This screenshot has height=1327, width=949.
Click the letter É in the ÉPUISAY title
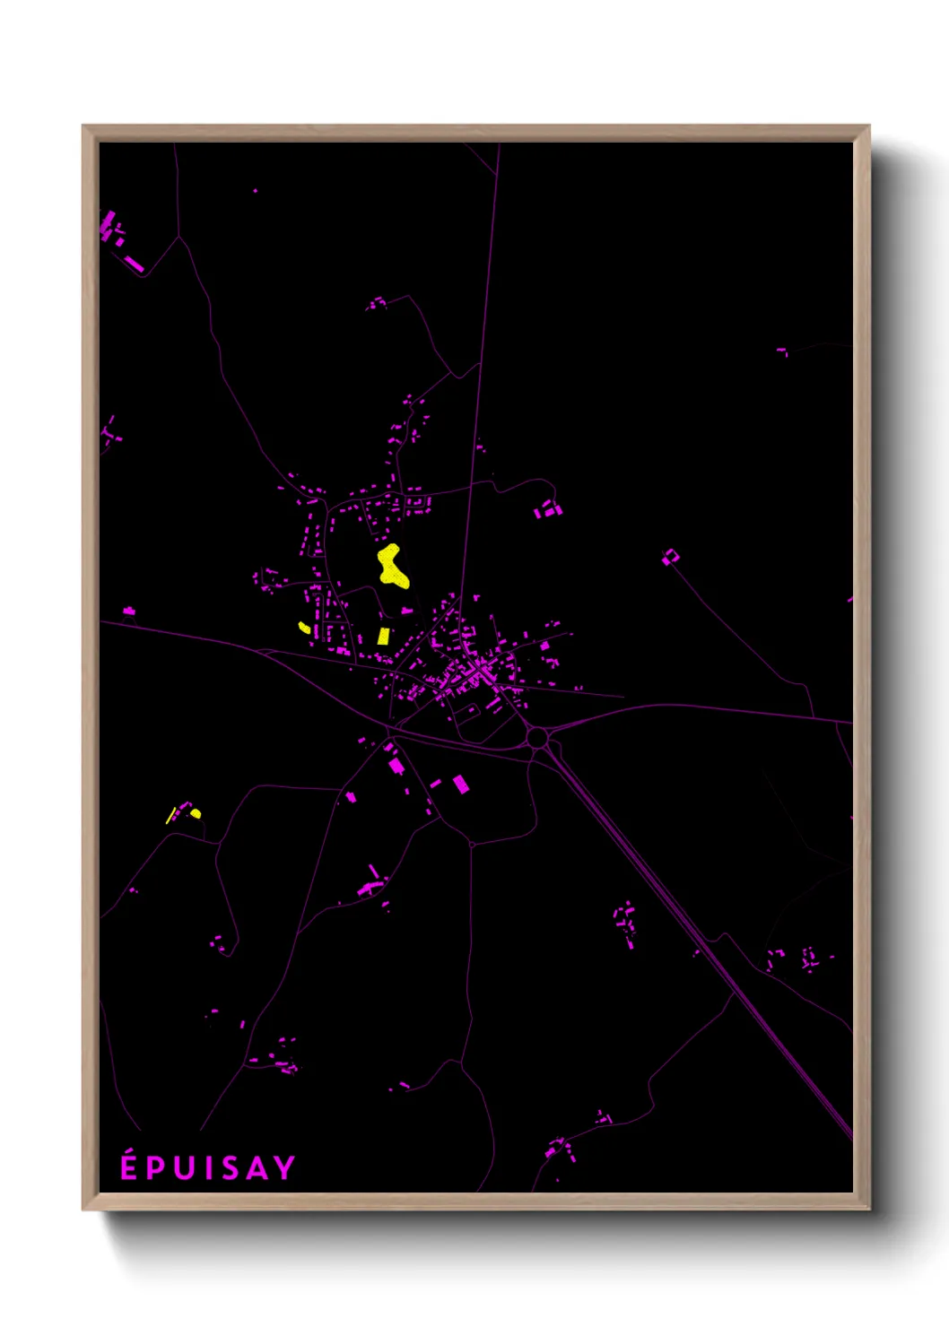[x=129, y=1167]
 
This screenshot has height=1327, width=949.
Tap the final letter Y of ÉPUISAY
[x=284, y=1168]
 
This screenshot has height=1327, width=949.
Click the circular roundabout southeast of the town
[x=537, y=738]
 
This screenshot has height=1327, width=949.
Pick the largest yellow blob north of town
[x=392, y=566]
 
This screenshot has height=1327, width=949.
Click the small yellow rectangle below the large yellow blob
[x=384, y=636]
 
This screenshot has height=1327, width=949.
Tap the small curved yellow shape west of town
[x=304, y=628]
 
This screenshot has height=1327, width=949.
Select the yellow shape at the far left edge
[x=195, y=813]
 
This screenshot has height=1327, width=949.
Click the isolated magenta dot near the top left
[x=256, y=190]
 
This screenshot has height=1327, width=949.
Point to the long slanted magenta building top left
[x=135, y=264]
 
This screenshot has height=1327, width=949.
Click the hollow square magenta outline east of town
[x=670, y=557]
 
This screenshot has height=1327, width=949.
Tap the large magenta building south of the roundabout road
[x=460, y=784]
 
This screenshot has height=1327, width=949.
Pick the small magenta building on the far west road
[x=129, y=611]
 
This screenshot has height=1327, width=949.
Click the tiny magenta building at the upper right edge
[x=782, y=351]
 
